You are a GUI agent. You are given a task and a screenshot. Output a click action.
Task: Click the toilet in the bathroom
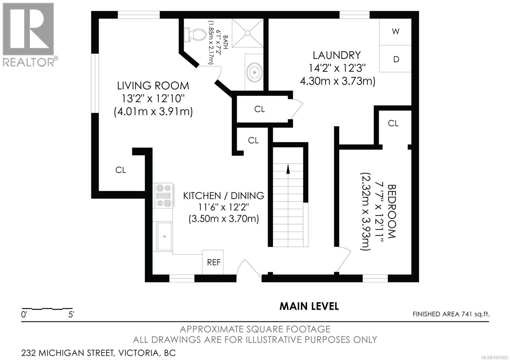pos(194,35)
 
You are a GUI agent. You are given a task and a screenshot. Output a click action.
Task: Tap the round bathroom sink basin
pos(254,72)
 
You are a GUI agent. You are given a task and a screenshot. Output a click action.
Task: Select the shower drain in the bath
pos(247,33)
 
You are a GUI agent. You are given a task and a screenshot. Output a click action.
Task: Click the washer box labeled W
pos(396,32)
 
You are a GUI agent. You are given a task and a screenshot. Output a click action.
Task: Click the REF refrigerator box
pos(213,263)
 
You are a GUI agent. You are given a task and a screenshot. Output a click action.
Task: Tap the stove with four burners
pos(164,196)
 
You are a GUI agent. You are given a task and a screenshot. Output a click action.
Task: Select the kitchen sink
pos(164,236)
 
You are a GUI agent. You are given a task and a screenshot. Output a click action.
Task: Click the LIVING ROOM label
pos(153,86)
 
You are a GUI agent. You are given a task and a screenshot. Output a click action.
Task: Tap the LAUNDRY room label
pos(337,55)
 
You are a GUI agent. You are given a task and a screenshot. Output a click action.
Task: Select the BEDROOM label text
pos(391,211)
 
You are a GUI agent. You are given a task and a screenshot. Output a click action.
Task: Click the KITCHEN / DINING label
pos(223,196)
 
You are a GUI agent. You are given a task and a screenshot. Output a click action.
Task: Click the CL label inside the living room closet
pos(120,170)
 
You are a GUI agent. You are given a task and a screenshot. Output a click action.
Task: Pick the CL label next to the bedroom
pos(393,123)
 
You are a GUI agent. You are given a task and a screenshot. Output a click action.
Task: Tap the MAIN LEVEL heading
pos(309,306)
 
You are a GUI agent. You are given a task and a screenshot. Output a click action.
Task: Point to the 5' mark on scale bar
pos(71,315)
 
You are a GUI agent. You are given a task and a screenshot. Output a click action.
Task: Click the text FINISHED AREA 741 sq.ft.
pos(451,314)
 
